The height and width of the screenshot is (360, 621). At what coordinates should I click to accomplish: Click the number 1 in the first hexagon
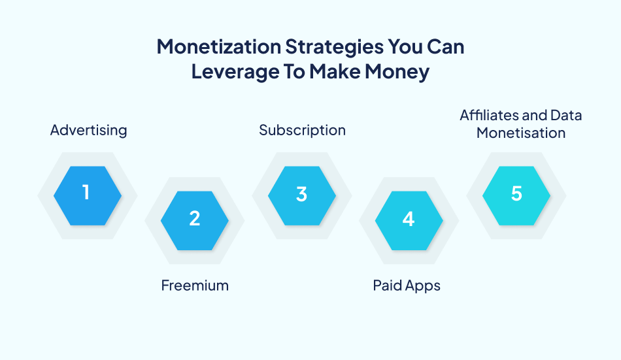86,193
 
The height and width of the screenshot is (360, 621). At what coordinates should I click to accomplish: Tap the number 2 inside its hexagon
194,218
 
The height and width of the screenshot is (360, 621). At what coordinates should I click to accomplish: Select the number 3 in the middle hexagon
301,194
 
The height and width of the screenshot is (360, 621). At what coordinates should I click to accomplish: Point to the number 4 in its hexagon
409,219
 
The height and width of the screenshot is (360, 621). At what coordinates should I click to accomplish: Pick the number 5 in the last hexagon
516,194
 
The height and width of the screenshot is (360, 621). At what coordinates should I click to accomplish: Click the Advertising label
88,130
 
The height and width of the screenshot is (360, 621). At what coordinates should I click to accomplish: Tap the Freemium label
195,285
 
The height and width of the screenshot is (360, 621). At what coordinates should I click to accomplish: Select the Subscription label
302,130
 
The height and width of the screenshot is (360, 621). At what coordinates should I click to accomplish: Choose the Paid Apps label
407,285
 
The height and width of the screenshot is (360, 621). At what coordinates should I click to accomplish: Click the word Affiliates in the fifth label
490,116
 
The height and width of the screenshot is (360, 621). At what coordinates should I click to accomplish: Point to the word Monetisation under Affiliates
520,133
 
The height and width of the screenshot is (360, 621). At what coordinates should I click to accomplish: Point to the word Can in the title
446,47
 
